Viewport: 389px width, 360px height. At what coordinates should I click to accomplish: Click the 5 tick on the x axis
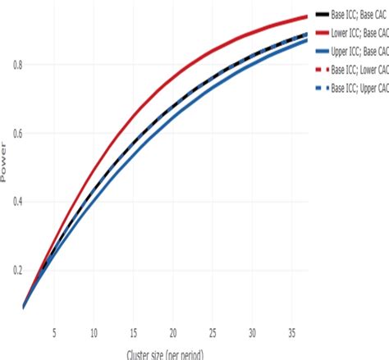click(x=54, y=333)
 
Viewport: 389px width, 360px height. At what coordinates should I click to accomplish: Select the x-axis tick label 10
click(x=94, y=333)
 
